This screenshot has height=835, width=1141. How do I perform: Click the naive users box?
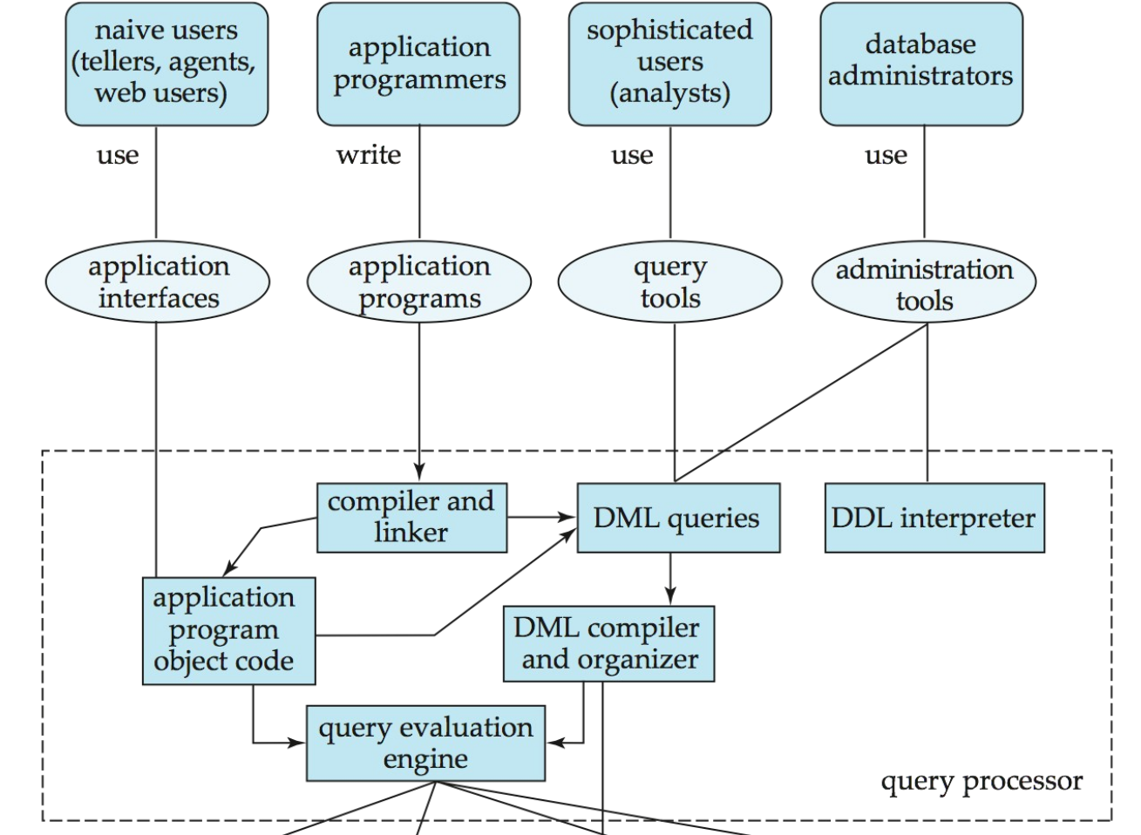(166, 64)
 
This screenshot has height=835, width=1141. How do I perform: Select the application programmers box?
(418, 64)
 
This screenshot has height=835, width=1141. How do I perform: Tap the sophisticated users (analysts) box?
(669, 64)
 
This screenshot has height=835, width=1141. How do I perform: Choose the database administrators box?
(920, 64)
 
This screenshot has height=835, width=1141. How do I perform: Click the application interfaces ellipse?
(158, 282)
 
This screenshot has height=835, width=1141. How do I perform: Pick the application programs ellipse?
(419, 282)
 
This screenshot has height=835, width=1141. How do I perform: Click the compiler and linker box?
(411, 518)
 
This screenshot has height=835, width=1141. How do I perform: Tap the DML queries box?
(677, 519)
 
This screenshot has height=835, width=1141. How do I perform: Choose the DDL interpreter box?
(934, 519)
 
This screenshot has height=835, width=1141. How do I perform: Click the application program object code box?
(228, 630)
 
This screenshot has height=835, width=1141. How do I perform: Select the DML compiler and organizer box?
(608, 643)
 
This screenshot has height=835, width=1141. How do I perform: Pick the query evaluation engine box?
(425, 743)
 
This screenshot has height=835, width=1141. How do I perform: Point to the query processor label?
(981, 781)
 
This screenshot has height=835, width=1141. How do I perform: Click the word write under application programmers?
(369, 155)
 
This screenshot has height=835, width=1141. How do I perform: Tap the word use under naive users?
(117, 155)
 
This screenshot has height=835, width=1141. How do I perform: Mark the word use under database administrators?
(886, 155)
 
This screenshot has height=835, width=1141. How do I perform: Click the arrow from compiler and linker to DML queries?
(541, 518)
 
